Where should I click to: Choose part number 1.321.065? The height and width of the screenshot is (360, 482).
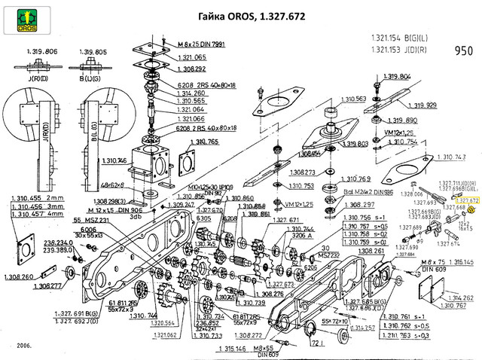(x=191, y=56)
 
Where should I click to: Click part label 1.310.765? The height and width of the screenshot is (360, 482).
(x=203, y=142)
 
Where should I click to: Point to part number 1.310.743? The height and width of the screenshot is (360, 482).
(x=450, y=157)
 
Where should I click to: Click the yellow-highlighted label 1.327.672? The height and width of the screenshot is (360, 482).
(x=467, y=201)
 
